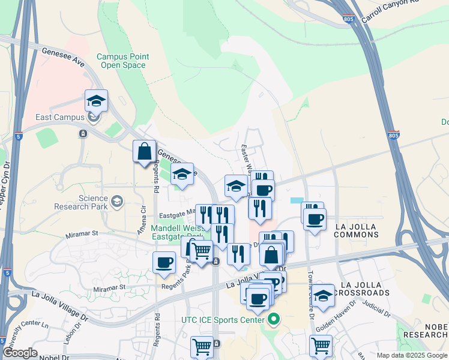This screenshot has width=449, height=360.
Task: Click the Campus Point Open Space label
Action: [x=121, y=61]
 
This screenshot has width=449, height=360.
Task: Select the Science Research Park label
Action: [x=85, y=202]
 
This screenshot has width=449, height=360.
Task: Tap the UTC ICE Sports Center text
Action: [x=223, y=320]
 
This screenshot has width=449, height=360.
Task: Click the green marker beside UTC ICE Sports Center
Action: [x=274, y=319]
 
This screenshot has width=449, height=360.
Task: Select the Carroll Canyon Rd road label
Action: [x=390, y=10]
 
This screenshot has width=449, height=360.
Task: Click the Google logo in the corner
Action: [x=20, y=353]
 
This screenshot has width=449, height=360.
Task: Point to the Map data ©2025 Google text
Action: [x=412, y=355]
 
